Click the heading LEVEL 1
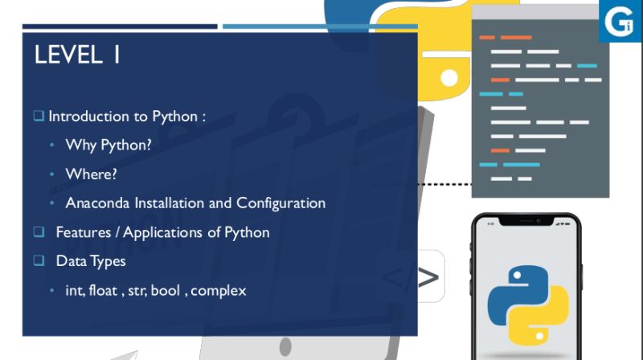coord(77,56)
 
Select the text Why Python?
coord(109,145)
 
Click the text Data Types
coord(91,261)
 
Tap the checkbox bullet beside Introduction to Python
coord(39,117)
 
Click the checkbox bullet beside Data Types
coord(39,261)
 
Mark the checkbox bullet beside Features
coord(39,232)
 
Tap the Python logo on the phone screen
coord(527,297)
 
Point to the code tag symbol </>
coord(411,278)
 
